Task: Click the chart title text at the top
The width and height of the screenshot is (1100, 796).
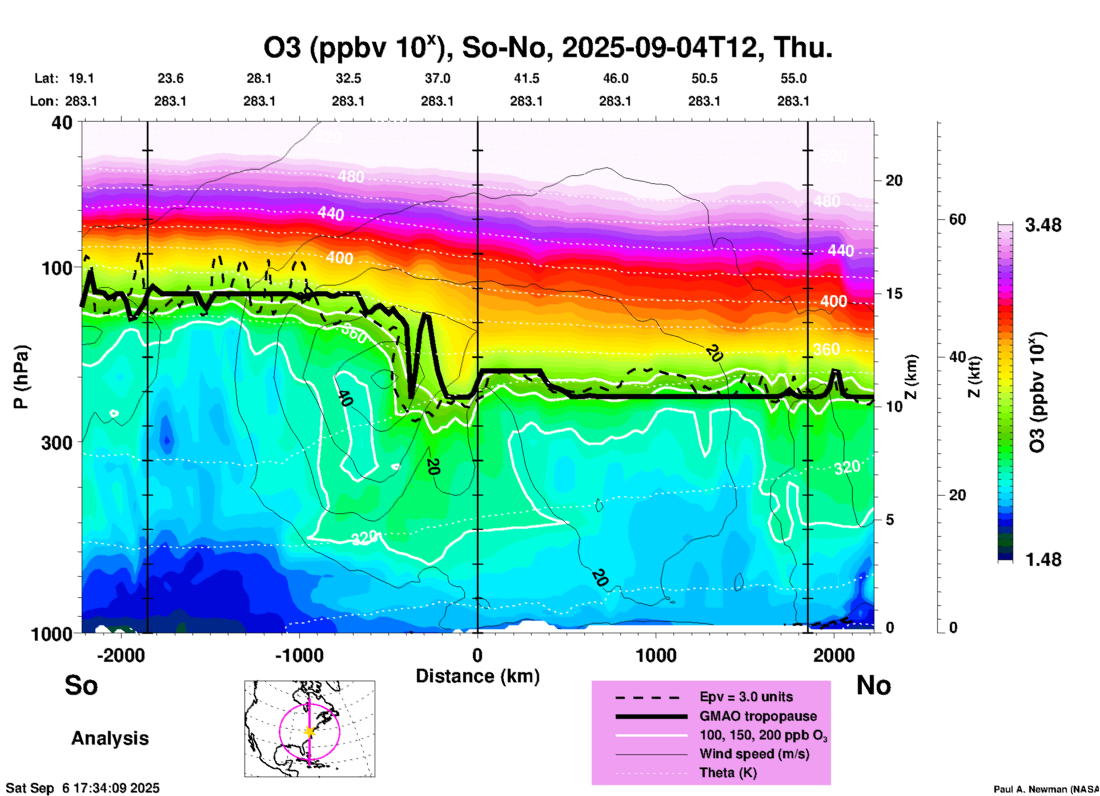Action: [547, 48]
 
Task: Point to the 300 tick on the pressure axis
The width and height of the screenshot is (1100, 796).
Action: [57, 443]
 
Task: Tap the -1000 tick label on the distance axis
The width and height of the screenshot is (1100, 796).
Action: [299, 655]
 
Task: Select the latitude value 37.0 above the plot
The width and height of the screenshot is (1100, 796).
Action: [437, 78]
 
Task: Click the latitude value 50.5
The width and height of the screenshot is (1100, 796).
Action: [704, 78]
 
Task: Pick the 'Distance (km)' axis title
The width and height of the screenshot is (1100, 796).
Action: [477, 676]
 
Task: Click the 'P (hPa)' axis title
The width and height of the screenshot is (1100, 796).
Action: [21, 377]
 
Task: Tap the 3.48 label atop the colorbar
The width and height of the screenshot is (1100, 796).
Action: [1043, 225]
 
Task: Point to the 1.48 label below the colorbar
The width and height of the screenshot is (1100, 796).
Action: [1043, 559]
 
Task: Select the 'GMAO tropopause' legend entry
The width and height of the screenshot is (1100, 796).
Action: [758, 716]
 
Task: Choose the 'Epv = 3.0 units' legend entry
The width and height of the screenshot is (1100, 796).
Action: [746, 697]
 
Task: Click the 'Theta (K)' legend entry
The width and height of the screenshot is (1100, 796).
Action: [728, 773]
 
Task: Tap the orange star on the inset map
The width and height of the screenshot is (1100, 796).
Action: [310, 731]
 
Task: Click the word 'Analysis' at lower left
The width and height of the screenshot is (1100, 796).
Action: [110, 738]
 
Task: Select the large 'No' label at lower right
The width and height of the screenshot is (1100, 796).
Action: [873, 685]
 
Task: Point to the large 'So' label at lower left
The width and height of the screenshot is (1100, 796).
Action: [81, 685]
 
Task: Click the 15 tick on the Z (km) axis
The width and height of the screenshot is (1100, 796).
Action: [894, 294]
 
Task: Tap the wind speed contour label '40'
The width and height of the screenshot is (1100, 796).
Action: [344, 398]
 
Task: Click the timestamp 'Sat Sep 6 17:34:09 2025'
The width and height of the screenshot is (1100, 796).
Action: [83, 789]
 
